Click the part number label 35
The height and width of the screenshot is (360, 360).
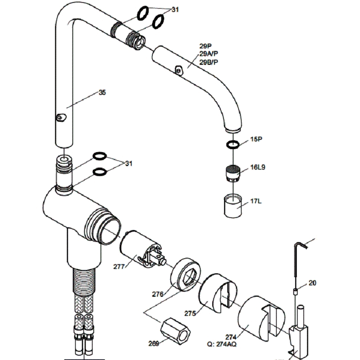pos(102,93)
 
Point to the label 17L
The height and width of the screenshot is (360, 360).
pos(256,201)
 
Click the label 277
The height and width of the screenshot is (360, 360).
pos(119,267)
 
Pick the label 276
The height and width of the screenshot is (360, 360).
pos(158,294)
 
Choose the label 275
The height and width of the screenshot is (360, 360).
pos(190,314)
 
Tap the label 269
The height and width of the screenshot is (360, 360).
pos(154,343)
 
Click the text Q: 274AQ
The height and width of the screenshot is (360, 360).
pos(221,345)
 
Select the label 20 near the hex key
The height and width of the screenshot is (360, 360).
pos(312,283)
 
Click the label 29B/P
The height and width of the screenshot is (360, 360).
pos(209,62)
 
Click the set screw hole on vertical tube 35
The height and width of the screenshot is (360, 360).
pos(59,118)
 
